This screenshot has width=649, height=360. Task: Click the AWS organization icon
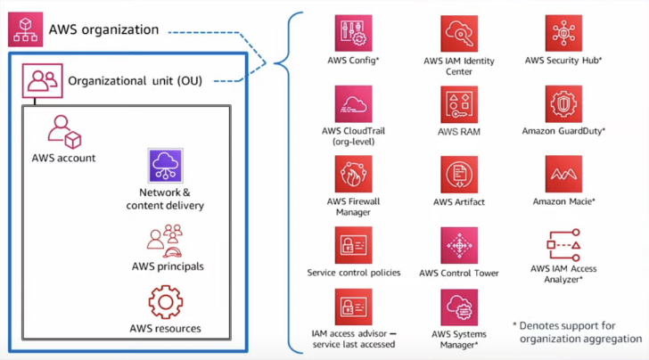[25, 29]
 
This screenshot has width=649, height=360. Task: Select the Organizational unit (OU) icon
[42, 81]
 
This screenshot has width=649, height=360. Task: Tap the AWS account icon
[64, 132]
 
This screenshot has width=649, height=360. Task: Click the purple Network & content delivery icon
[165, 166]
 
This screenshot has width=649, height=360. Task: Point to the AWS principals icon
[165, 241]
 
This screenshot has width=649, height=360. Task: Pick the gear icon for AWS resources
[166, 302]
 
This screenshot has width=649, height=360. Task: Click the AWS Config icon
[353, 33]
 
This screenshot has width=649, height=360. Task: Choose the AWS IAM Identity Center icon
[459, 34]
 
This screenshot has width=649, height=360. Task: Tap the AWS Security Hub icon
[563, 33]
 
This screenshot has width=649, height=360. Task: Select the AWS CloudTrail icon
[353, 104]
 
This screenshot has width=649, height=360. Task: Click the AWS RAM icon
[459, 104]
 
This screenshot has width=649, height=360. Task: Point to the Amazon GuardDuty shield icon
[563, 104]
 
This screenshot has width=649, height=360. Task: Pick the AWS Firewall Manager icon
[353, 174]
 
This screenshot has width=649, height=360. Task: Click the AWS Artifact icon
[459, 175]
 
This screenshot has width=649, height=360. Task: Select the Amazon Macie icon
[563, 174]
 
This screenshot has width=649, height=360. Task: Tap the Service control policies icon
[353, 245]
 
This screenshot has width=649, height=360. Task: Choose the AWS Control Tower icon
[459, 245]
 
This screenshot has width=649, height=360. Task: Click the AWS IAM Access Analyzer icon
[563, 245]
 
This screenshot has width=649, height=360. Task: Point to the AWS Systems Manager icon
[459, 307]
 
